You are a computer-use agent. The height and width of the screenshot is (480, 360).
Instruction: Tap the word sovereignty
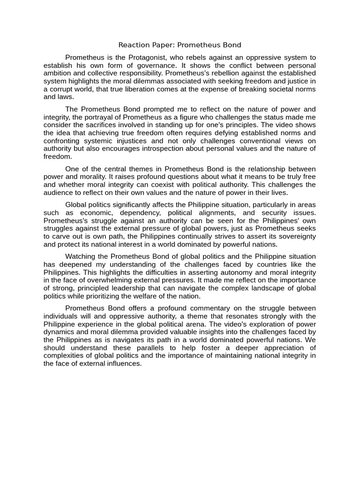pyautogui.click(x=296, y=236)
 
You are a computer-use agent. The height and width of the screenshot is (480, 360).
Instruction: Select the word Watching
pyautogui.click(x=80, y=256)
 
